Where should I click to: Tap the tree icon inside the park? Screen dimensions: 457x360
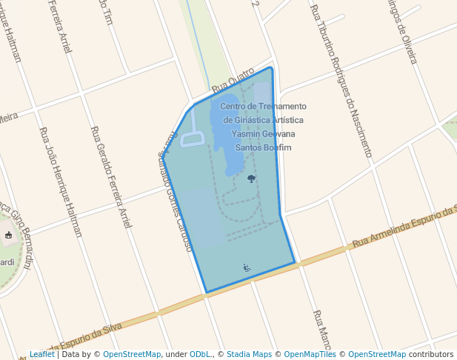click(251, 179)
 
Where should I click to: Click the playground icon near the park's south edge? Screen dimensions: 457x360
click(247, 267)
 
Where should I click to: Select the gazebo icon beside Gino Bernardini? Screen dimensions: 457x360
click(8, 236)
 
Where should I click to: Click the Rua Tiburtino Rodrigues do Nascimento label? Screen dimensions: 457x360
click(341, 81)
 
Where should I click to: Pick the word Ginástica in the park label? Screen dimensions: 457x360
click(261, 120)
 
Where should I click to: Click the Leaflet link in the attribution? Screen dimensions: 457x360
click(42, 355)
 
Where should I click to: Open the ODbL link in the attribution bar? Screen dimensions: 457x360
click(200, 355)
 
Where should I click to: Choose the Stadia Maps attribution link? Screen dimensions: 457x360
click(249, 355)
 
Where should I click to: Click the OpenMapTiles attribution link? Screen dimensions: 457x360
click(310, 355)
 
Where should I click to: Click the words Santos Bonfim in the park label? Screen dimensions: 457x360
click(264, 147)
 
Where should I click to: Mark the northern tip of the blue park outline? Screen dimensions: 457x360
click(271, 68)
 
